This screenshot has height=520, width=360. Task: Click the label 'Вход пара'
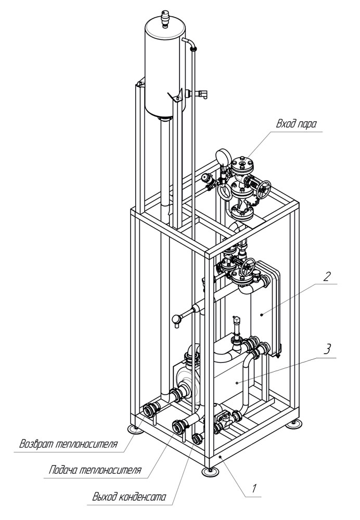click(x=297, y=124)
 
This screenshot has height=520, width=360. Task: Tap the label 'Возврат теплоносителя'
click(x=68, y=444)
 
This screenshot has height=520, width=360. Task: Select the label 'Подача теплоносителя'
click(x=95, y=470)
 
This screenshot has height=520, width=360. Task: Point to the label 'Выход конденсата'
click(x=129, y=497)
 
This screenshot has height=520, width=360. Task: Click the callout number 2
click(x=327, y=276)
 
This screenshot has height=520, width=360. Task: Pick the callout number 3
click(x=327, y=349)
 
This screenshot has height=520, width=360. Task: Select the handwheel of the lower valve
click(x=248, y=267)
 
